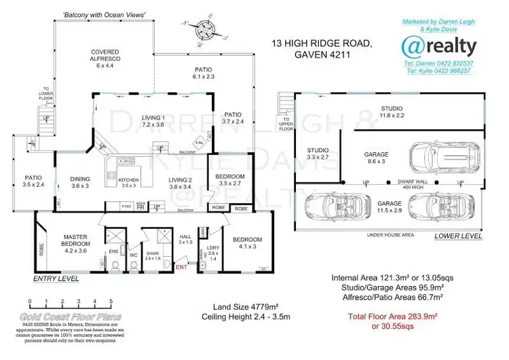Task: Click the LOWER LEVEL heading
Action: click(x=458, y=236)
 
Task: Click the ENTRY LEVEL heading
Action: click(x=56, y=278)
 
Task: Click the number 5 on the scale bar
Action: click(x=110, y=300)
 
